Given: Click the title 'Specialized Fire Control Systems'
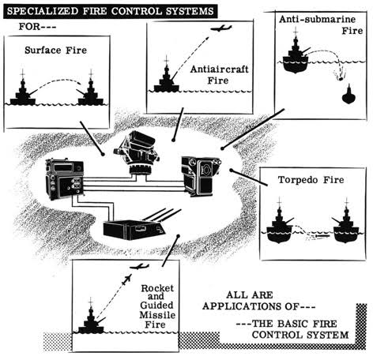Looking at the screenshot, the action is (110, 11).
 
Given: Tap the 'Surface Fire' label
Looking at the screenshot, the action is (55, 50).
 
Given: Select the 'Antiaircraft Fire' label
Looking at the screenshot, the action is (220, 75).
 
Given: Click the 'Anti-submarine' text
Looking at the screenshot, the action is (317, 19).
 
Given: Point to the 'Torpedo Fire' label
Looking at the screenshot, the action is (311, 180).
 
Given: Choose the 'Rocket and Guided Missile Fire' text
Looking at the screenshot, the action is (157, 306).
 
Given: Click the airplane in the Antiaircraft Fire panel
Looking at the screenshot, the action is (221, 28).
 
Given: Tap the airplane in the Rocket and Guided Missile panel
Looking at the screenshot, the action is (140, 267).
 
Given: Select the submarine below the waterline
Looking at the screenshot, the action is (349, 95).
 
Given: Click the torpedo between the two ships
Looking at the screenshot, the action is (318, 236).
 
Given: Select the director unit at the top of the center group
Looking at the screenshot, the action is (137, 152).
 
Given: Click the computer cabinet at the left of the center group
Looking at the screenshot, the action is (65, 179).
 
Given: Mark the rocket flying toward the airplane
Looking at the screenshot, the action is (126, 279).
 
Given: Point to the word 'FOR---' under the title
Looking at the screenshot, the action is (37, 27).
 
